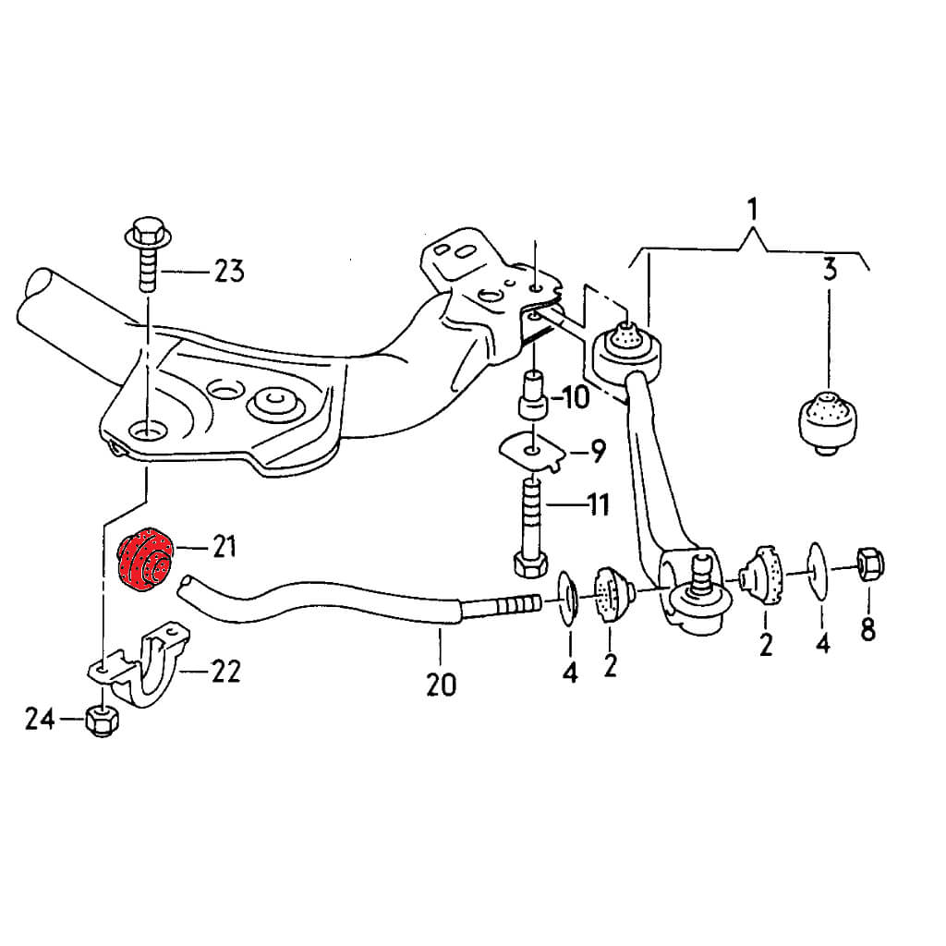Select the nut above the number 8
click(869, 563)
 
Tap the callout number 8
click(867, 630)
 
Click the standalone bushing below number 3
click(829, 420)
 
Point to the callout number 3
click(829, 271)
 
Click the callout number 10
click(573, 399)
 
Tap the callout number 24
click(39, 718)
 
